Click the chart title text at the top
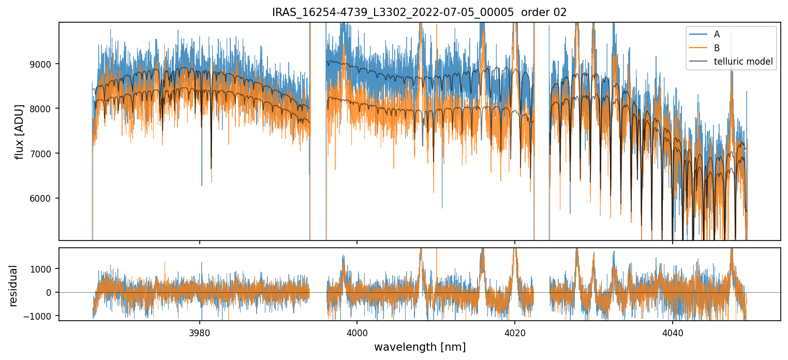tap(419, 12)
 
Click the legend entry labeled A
tap(717, 34)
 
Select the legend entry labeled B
tap(717, 48)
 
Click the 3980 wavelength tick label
tap(200, 332)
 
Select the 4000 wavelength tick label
tap(357, 332)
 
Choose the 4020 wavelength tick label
tap(515, 332)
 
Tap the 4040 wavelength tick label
tap(672, 332)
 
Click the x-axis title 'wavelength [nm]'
tap(420, 347)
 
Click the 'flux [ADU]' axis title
tap(20, 131)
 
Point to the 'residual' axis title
tap(13, 286)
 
